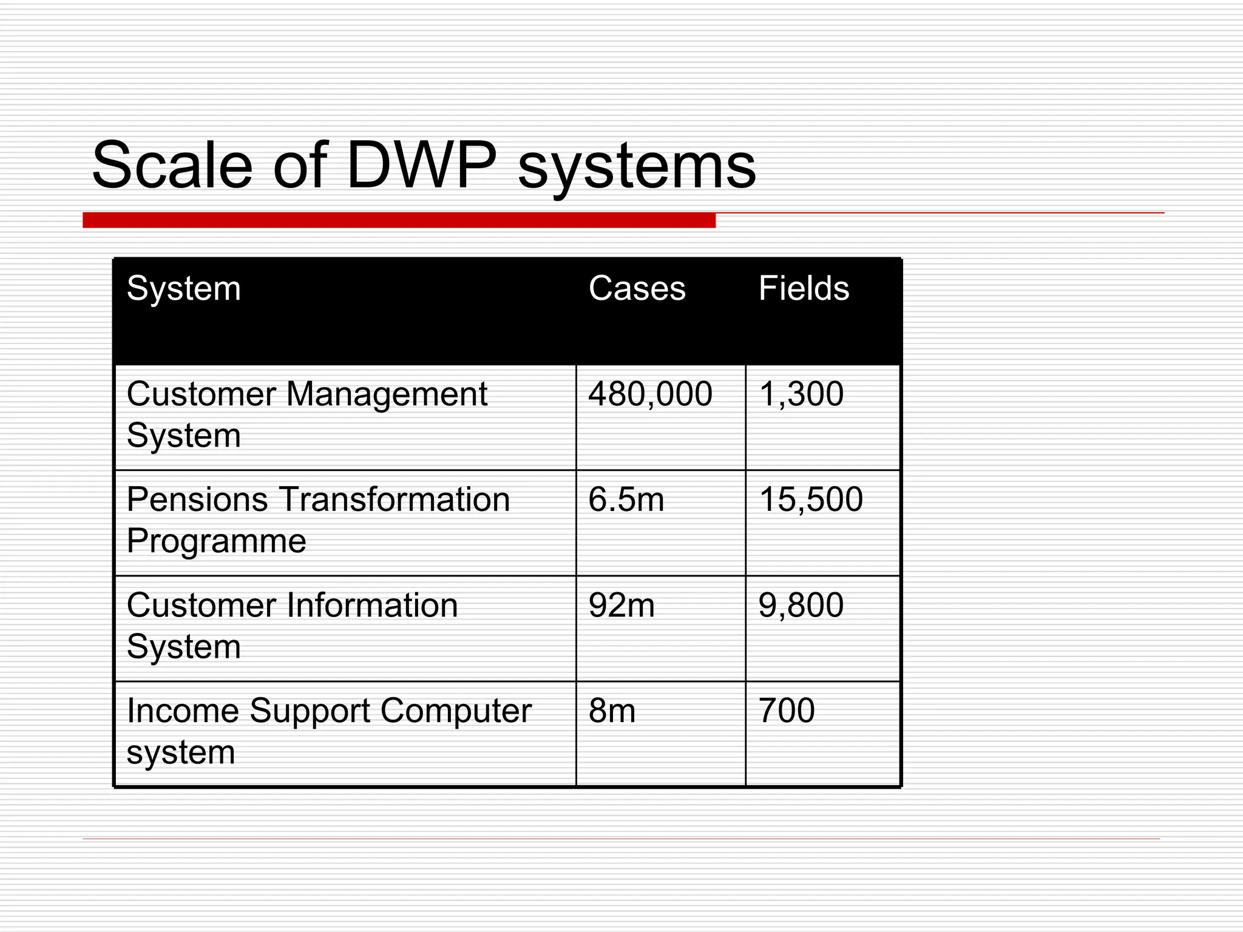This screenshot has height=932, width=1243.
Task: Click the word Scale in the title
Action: coord(172,166)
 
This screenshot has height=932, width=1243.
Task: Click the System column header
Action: coord(183,288)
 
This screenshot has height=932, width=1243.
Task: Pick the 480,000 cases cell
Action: coord(650,394)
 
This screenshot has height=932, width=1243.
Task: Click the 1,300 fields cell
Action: coord(801,394)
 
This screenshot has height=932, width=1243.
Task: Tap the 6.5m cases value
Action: coord(626,499)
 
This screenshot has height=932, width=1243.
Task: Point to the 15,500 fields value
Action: coord(811,499)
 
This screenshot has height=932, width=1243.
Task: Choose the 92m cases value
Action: coord(621,605)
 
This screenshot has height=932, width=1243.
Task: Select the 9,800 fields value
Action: coord(801,605)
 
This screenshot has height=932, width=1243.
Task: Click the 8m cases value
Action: coord(612,711)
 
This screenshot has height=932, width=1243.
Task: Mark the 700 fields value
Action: coord(787,711)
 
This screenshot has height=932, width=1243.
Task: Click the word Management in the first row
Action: coord(386,395)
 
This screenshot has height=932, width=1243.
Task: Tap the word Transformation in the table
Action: coord(395,499)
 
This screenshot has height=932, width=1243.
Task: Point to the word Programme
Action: coord(216,541)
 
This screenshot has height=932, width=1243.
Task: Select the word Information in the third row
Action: coord(371,605)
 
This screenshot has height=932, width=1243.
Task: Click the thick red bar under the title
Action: coord(399,220)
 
